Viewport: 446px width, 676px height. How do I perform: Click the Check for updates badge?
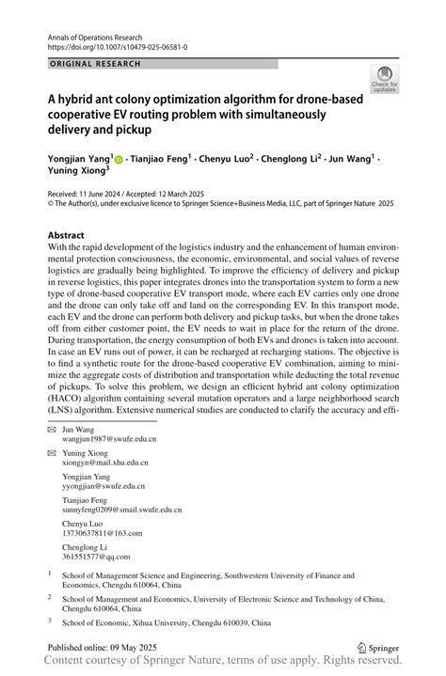point(383,81)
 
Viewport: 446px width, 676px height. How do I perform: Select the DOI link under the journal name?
point(116,46)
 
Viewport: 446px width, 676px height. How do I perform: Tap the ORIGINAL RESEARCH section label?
point(94,64)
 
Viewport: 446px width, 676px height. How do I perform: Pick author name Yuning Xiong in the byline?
point(77,172)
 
